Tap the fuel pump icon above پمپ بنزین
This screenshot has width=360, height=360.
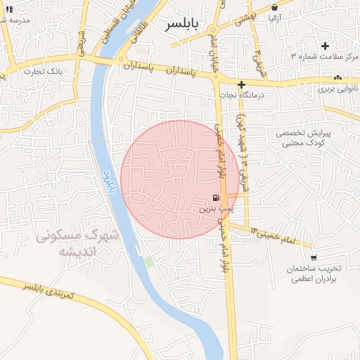pyautogui.click(x=215, y=198)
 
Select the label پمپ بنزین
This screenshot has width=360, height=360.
pyautogui.click(x=214, y=209)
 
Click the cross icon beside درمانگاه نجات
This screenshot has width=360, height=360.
pyautogui.click(x=241, y=84)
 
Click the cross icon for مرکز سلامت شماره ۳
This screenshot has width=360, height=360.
pyautogui.click(x=325, y=46)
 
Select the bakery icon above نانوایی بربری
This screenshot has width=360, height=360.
pyautogui.click(x=338, y=77)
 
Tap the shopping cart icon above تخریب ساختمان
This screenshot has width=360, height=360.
pyautogui.click(x=314, y=258)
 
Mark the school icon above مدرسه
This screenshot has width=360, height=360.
pyautogui.click(x=8, y=9)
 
